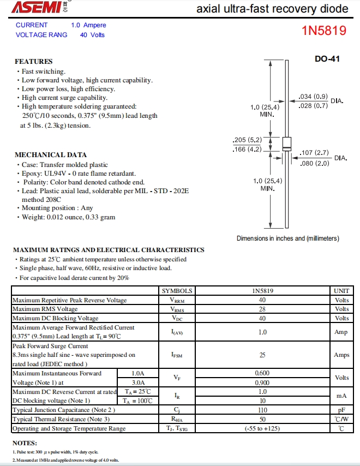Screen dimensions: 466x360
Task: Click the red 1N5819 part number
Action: (x=324, y=31)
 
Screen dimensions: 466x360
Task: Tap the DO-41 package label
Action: (x=327, y=59)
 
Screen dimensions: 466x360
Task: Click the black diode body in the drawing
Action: (x=286, y=145)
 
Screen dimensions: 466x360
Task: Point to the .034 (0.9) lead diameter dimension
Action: (x=313, y=97)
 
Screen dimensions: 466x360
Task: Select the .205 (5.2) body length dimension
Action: (x=247, y=140)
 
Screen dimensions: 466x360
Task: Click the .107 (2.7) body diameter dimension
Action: (x=315, y=153)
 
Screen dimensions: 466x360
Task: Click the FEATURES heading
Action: (x=34, y=62)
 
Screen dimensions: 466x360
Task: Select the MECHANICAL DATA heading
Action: (x=51, y=155)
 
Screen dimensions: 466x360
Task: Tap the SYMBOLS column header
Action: (x=177, y=291)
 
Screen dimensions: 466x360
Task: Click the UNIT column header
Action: (x=341, y=291)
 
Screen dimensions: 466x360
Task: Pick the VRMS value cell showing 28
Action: (x=262, y=309)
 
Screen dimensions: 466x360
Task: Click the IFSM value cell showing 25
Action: (x=262, y=355)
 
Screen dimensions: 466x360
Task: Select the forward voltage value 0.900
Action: (x=262, y=383)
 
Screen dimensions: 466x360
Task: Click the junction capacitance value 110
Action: (x=262, y=410)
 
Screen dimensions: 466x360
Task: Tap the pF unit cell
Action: (x=341, y=410)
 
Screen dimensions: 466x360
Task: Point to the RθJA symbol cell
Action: (x=177, y=419)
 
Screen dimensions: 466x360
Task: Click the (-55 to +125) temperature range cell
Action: (x=262, y=428)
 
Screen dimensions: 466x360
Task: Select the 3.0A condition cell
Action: (x=138, y=383)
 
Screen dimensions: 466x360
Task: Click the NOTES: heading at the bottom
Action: (x=25, y=443)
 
